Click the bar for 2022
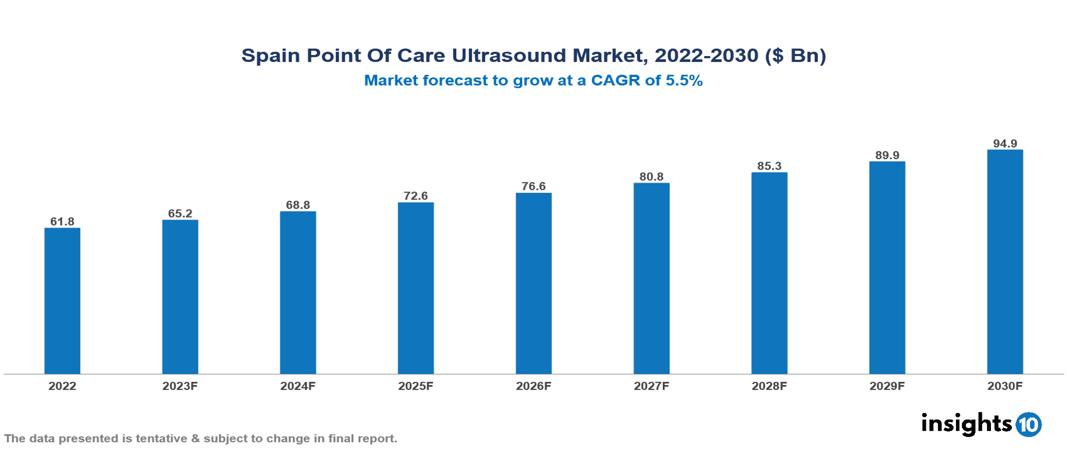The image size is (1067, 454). point(62,301)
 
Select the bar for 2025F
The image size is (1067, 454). point(415,288)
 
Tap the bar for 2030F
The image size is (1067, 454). point(1004,262)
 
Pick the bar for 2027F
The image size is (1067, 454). point(651,278)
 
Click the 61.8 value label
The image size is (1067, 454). point(62,220)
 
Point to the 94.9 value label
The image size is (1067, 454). point(1004,143)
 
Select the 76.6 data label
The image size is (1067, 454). point(533,185)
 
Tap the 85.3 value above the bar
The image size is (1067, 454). point(769,165)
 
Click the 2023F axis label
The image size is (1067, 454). point(180,385)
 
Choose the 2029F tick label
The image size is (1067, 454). point(886,385)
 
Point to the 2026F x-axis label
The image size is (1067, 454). point(533,385)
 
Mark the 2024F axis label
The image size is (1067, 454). point(298,385)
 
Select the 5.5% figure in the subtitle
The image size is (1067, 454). point(685,81)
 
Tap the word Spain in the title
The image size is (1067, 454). point(272,56)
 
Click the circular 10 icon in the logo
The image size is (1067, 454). point(1029,424)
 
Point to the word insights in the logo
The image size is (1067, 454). point(966,423)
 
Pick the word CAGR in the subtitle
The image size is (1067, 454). point(624,81)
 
